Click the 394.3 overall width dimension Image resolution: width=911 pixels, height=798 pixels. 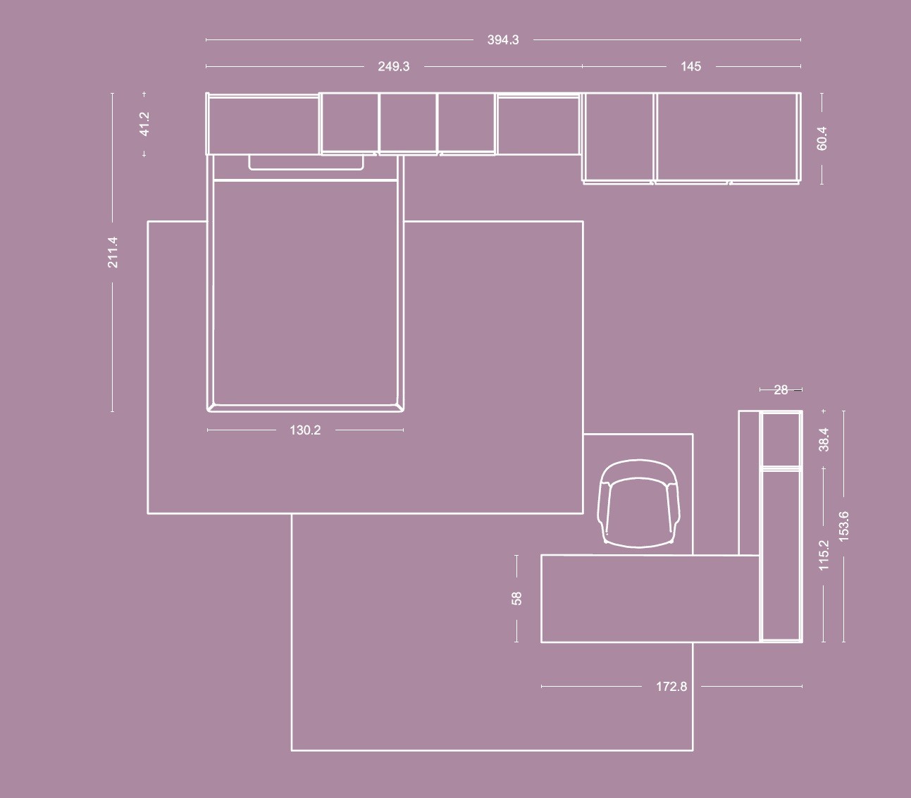click(x=503, y=40)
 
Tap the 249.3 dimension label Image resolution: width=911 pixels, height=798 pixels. click(x=393, y=66)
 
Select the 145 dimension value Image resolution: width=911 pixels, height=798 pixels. click(x=690, y=66)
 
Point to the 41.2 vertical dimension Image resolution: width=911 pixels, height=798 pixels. click(x=144, y=124)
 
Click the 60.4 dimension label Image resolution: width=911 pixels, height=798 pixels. click(x=822, y=139)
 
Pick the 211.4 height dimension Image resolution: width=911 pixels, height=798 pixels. click(x=113, y=253)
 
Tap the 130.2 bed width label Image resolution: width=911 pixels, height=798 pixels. click(x=305, y=430)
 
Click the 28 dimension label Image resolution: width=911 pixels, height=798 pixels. click(x=781, y=389)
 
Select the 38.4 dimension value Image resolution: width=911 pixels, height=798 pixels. click(x=824, y=439)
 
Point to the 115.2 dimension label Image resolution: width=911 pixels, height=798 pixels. click(x=824, y=555)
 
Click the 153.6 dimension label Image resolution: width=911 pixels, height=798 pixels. click(x=843, y=526)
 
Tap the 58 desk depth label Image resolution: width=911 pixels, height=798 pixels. click(x=516, y=599)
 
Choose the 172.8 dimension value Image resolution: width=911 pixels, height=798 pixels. click(x=671, y=687)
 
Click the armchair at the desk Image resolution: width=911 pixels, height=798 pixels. click(x=639, y=504)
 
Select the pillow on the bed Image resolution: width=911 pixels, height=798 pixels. click(x=306, y=162)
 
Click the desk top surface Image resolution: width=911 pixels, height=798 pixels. click(x=650, y=599)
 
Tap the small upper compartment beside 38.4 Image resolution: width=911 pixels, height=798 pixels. click(x=781, y=439)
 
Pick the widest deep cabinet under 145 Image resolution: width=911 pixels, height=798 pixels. click(x=728, y=137)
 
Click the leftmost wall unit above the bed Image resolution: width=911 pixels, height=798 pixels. click(x=263, y=124)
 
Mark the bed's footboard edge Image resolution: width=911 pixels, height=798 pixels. click(x=305, y=409)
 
